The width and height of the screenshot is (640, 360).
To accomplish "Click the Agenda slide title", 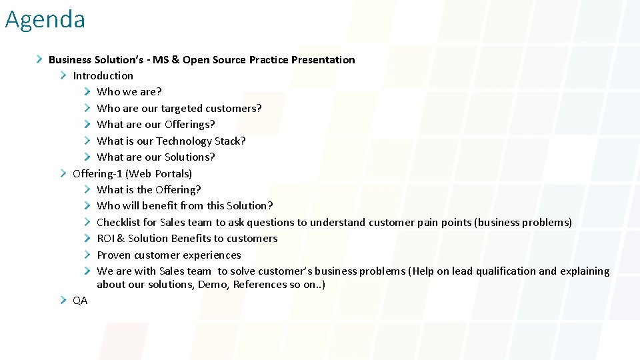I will click(45, 19).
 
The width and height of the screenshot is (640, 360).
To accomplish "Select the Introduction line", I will click(103, 76).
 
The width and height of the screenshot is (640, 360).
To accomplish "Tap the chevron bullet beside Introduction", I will click(63, 75).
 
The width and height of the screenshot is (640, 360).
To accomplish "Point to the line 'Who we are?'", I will click(129, 92).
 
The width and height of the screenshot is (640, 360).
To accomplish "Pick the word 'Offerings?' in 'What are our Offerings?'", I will click(189, 125).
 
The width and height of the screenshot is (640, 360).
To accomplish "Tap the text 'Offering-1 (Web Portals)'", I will click(132, 173).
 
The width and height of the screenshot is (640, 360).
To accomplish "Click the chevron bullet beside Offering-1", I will click(63, 173).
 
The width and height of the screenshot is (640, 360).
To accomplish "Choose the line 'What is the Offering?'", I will click(149, 190).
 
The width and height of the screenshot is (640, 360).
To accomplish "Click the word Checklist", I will click(117, 222).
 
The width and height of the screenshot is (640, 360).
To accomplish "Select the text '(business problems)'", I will click(523, 222).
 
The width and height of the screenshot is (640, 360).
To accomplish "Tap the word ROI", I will click(105, 239).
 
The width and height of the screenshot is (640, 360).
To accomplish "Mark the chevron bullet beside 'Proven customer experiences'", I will click(87, 255).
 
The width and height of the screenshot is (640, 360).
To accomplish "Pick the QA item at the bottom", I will click(80, 301).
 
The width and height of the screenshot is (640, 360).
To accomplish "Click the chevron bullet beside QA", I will click(63, 301).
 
